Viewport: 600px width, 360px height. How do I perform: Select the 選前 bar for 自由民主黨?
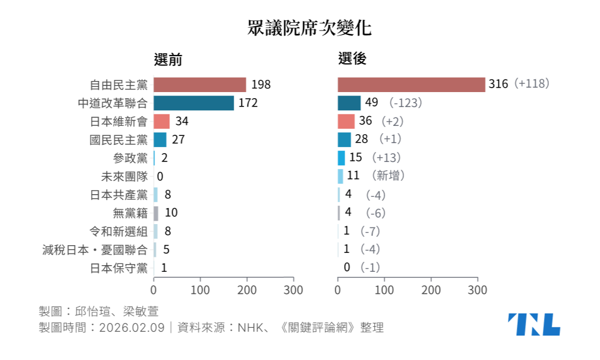pyautogui.click(x=200, y=84)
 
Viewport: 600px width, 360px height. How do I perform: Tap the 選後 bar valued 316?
pyautogui.click(x=411, y=84)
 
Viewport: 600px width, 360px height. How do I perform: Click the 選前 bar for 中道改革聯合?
pyautogui.click(x=194, y=103)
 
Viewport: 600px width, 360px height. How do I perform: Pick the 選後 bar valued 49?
pyautogui.click(x=349, y=103)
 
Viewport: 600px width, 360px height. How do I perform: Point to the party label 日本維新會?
pyautogui.click(x=119, y=121)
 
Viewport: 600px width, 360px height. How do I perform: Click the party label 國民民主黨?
pyautogui.click(x=119, y=139)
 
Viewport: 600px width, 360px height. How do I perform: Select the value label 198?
pyautogui.click(x=261, y=84)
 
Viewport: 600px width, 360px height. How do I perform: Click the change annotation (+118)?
pyautogui.click(x=531, y=84)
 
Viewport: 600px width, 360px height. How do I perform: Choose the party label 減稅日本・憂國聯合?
pyautogui.click(x=95, y=250)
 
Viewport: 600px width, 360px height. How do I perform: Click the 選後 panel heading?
pyautogui.click(x=352, y=59)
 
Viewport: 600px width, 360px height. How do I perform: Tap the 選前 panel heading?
pyautogui.click(x=168, y=59)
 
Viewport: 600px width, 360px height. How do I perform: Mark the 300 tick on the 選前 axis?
pyautogui.click(x=294, y=290)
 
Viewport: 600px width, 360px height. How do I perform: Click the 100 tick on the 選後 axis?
pyautogui.click(x=385, y=290)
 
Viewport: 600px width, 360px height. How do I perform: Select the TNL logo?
pyautogui.click(x=534, y=324)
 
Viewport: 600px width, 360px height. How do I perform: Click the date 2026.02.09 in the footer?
pyautogui.click(x=132, y=327)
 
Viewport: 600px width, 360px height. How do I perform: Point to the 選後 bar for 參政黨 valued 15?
pyautogui.click(x=341, y=158)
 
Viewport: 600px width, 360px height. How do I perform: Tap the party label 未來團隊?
pyautogui.click(x=124, y=176)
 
